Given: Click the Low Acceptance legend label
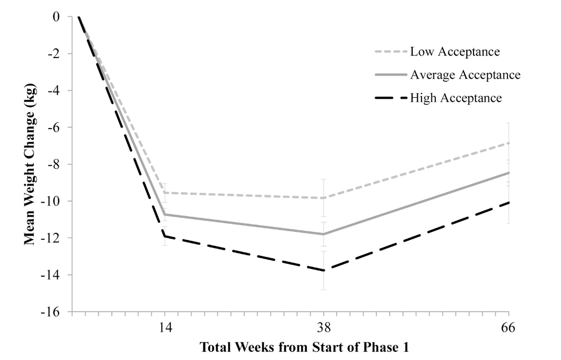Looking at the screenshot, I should (455, 51).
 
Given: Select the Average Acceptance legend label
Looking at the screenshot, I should (465, 75).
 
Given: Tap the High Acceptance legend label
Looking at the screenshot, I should (455, 98).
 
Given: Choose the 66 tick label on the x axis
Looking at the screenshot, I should (509, 328).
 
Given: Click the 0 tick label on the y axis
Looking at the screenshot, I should (56, 17).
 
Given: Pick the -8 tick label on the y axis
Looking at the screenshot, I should (53, 165).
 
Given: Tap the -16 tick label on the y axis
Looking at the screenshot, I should (50, 312).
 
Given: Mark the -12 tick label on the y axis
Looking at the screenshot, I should (50, 238).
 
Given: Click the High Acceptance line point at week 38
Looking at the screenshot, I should (324, 270).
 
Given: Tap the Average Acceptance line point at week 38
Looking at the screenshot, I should (324, 234).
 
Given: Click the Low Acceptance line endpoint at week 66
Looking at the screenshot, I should (509, 142).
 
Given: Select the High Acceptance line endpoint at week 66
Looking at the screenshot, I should (509, 202).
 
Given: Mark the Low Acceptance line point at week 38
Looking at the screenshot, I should (324, 198).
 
